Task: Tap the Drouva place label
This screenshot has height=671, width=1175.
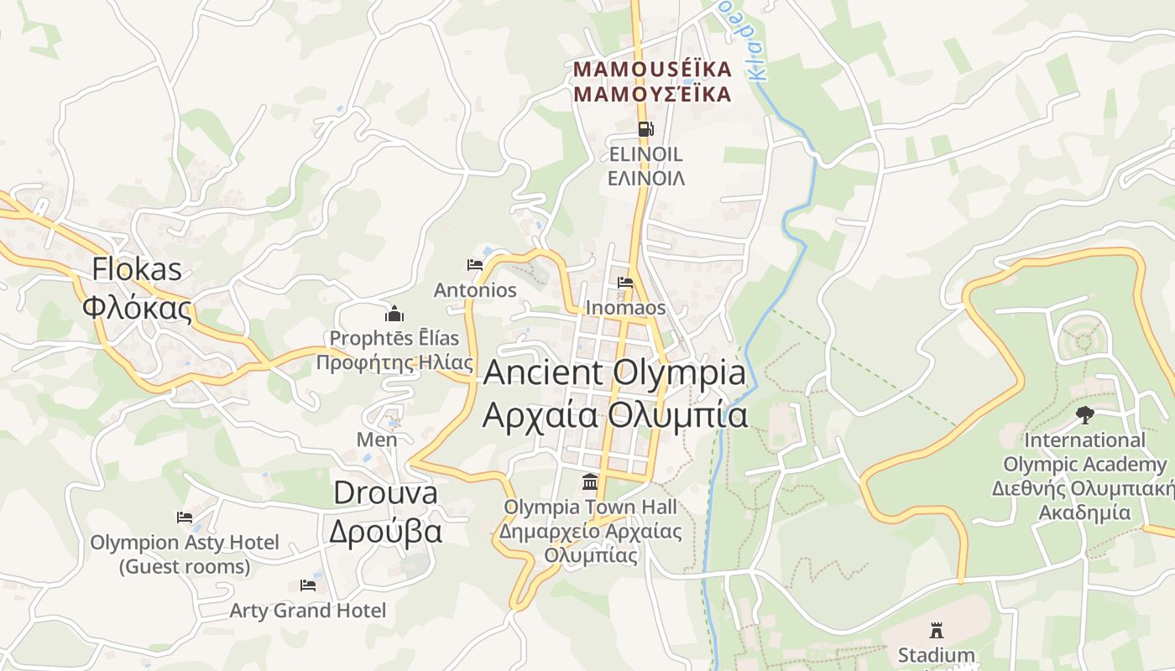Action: [385, 512]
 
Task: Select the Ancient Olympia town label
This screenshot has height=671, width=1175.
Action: [614, 393]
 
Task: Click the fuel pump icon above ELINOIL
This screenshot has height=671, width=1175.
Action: [645, 129]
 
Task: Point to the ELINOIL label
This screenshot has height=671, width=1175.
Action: [645, 166]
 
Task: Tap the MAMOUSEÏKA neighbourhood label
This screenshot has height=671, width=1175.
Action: [652, 81]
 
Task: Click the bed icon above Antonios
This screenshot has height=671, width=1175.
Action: [475, 265]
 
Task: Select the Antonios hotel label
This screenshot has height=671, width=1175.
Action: [475, 290]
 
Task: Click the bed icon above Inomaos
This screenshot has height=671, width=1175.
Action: [625, 283]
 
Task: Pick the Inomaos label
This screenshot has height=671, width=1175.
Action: [625, 308]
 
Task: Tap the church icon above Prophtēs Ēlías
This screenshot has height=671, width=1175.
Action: [394, 315]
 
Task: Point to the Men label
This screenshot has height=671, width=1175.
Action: [377, 440]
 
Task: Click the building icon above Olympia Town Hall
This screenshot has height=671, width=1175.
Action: [590, 482]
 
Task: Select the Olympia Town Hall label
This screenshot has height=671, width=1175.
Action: [590, 531]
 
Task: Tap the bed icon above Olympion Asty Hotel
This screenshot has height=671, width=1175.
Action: [185, 517]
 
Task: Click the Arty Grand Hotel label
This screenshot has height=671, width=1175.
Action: [308, 611]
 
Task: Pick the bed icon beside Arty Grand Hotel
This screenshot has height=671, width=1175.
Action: [308, 585]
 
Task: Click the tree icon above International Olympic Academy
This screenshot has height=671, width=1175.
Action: [1084, 414]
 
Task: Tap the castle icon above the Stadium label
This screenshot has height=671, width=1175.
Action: [936, 630]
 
